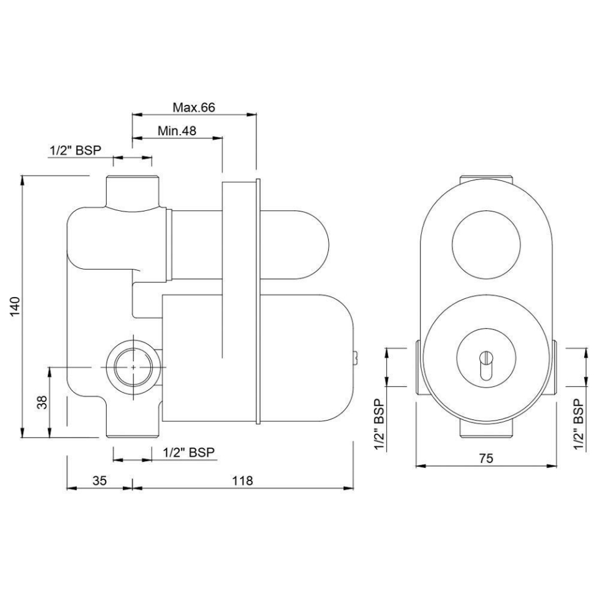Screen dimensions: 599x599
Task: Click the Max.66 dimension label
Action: point(193,107)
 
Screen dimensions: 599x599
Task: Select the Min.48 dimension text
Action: point(177,130)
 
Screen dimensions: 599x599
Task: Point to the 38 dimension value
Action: point(42,402)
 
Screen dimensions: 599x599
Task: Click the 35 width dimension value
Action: point(100,480)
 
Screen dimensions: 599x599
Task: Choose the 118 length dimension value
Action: point(242,480)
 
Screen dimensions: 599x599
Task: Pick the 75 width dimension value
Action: point(487,459)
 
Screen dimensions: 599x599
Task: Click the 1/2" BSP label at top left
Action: point(75,150)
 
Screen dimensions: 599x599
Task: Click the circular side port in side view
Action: point(134,368)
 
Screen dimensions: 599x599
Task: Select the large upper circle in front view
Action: point(485,244)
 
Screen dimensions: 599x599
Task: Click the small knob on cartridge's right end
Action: point(354,358)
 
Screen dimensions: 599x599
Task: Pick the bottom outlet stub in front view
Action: point(486,430)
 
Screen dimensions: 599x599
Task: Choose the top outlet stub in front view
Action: point(486,180)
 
